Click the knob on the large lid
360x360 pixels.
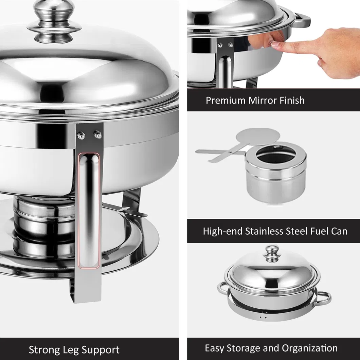click(x=54, y=22)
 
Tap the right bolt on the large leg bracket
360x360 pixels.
click(x=98, y=134)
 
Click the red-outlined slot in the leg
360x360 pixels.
click(x=89, y=211)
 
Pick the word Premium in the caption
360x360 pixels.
click(x=226, y=100)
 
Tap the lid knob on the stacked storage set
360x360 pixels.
click(x=272, y=254)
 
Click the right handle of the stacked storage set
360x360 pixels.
click(x=324, y=298)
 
